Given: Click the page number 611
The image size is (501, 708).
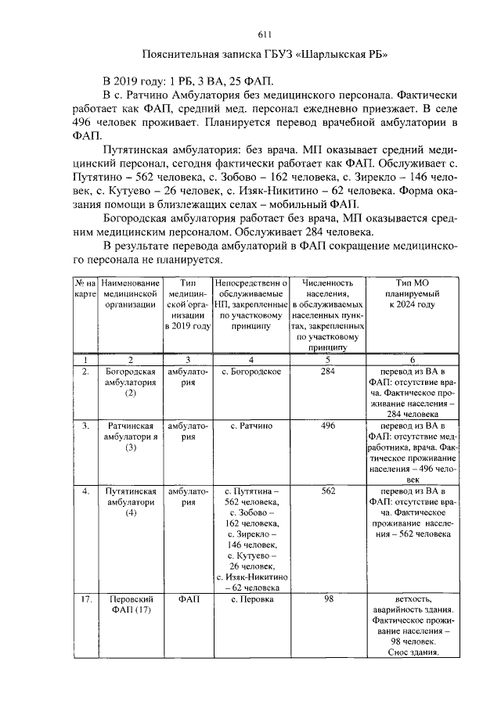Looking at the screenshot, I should pyautogui.click(x=264, y=34).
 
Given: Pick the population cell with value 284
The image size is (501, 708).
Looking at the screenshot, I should pyautogui.click(x=328, y=371).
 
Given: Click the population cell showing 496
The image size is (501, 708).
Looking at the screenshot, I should pyautogui.click(x=328, y=426).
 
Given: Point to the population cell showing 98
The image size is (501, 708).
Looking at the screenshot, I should pyautogui.click(x=328, y=598).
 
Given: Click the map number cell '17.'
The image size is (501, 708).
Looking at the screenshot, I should pyautogui.click(x=85, y=598).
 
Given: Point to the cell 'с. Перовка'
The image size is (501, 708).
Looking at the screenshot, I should pyautogui.click(x=252, y=598).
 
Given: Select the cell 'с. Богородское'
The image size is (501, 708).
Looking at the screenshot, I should pyautogui.click(x=252, y=371).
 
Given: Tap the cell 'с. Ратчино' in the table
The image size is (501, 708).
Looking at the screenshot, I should pyautogui.click(x=252, y=426).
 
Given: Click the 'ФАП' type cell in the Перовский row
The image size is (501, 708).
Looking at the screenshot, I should pyautogui.click(x=189, y=598).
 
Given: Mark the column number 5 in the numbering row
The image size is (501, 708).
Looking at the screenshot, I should pyautogui.click(x=328, y=358).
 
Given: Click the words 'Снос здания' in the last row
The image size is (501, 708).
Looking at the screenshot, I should pyautogui.click(x=413, y=653).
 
